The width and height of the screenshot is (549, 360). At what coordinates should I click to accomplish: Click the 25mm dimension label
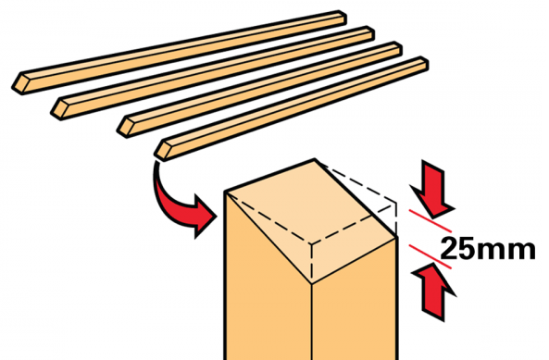click(487, 249)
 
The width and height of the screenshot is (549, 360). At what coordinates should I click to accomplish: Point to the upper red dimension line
click(430, 221)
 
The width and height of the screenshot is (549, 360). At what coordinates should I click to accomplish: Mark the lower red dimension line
click(430, 256)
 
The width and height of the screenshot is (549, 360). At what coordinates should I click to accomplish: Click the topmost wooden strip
click(180, 53)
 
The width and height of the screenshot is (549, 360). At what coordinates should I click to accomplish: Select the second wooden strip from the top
click(213, 73)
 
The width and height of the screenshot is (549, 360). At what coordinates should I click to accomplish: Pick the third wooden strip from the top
click(259, 89)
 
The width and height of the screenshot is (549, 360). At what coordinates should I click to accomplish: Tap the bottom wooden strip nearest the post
click(292, 108)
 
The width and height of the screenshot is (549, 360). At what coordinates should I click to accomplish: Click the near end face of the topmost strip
click(20, 83)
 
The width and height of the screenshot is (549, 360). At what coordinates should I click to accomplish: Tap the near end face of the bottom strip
click(162, 151)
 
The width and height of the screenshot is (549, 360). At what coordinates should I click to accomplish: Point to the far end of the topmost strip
click(343, 17)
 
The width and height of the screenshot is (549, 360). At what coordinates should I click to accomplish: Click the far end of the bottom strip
click(424, 62)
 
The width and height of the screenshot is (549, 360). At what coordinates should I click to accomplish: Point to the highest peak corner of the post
click(315, 159)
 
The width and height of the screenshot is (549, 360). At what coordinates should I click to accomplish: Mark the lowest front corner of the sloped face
click(312, 283)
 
